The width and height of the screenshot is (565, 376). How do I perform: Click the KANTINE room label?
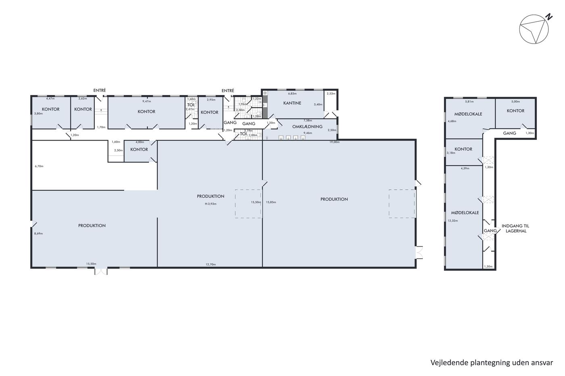point(292,103)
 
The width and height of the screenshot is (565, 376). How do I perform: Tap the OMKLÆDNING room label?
point(307,127)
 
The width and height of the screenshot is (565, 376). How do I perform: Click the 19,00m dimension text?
point(335,142)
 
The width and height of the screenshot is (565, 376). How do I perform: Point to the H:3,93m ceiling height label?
point(211,204)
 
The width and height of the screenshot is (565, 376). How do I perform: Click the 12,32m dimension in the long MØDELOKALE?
point(453,220)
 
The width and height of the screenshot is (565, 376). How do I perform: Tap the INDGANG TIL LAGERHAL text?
point(515,229)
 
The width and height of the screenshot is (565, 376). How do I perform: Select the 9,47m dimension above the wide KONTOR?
point(146,102)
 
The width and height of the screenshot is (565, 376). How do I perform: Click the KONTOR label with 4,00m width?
point(139,150)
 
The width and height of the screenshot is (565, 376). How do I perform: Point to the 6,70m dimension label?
point(39,166)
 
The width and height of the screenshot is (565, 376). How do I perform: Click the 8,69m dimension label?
point(39,233)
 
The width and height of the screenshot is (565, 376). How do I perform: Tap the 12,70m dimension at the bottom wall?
point(211,264)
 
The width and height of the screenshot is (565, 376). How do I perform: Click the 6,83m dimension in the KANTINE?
point(292,93)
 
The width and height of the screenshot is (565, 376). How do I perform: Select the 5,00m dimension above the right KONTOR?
point(516,102)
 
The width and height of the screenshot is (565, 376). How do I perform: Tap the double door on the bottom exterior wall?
point(101,272)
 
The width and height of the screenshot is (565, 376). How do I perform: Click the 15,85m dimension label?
point(271,202)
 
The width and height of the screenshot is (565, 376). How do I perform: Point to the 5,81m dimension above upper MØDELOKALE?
point(469,102)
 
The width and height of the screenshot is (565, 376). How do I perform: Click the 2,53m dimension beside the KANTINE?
point(331,93)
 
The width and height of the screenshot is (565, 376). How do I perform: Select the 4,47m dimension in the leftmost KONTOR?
point(50,99)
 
